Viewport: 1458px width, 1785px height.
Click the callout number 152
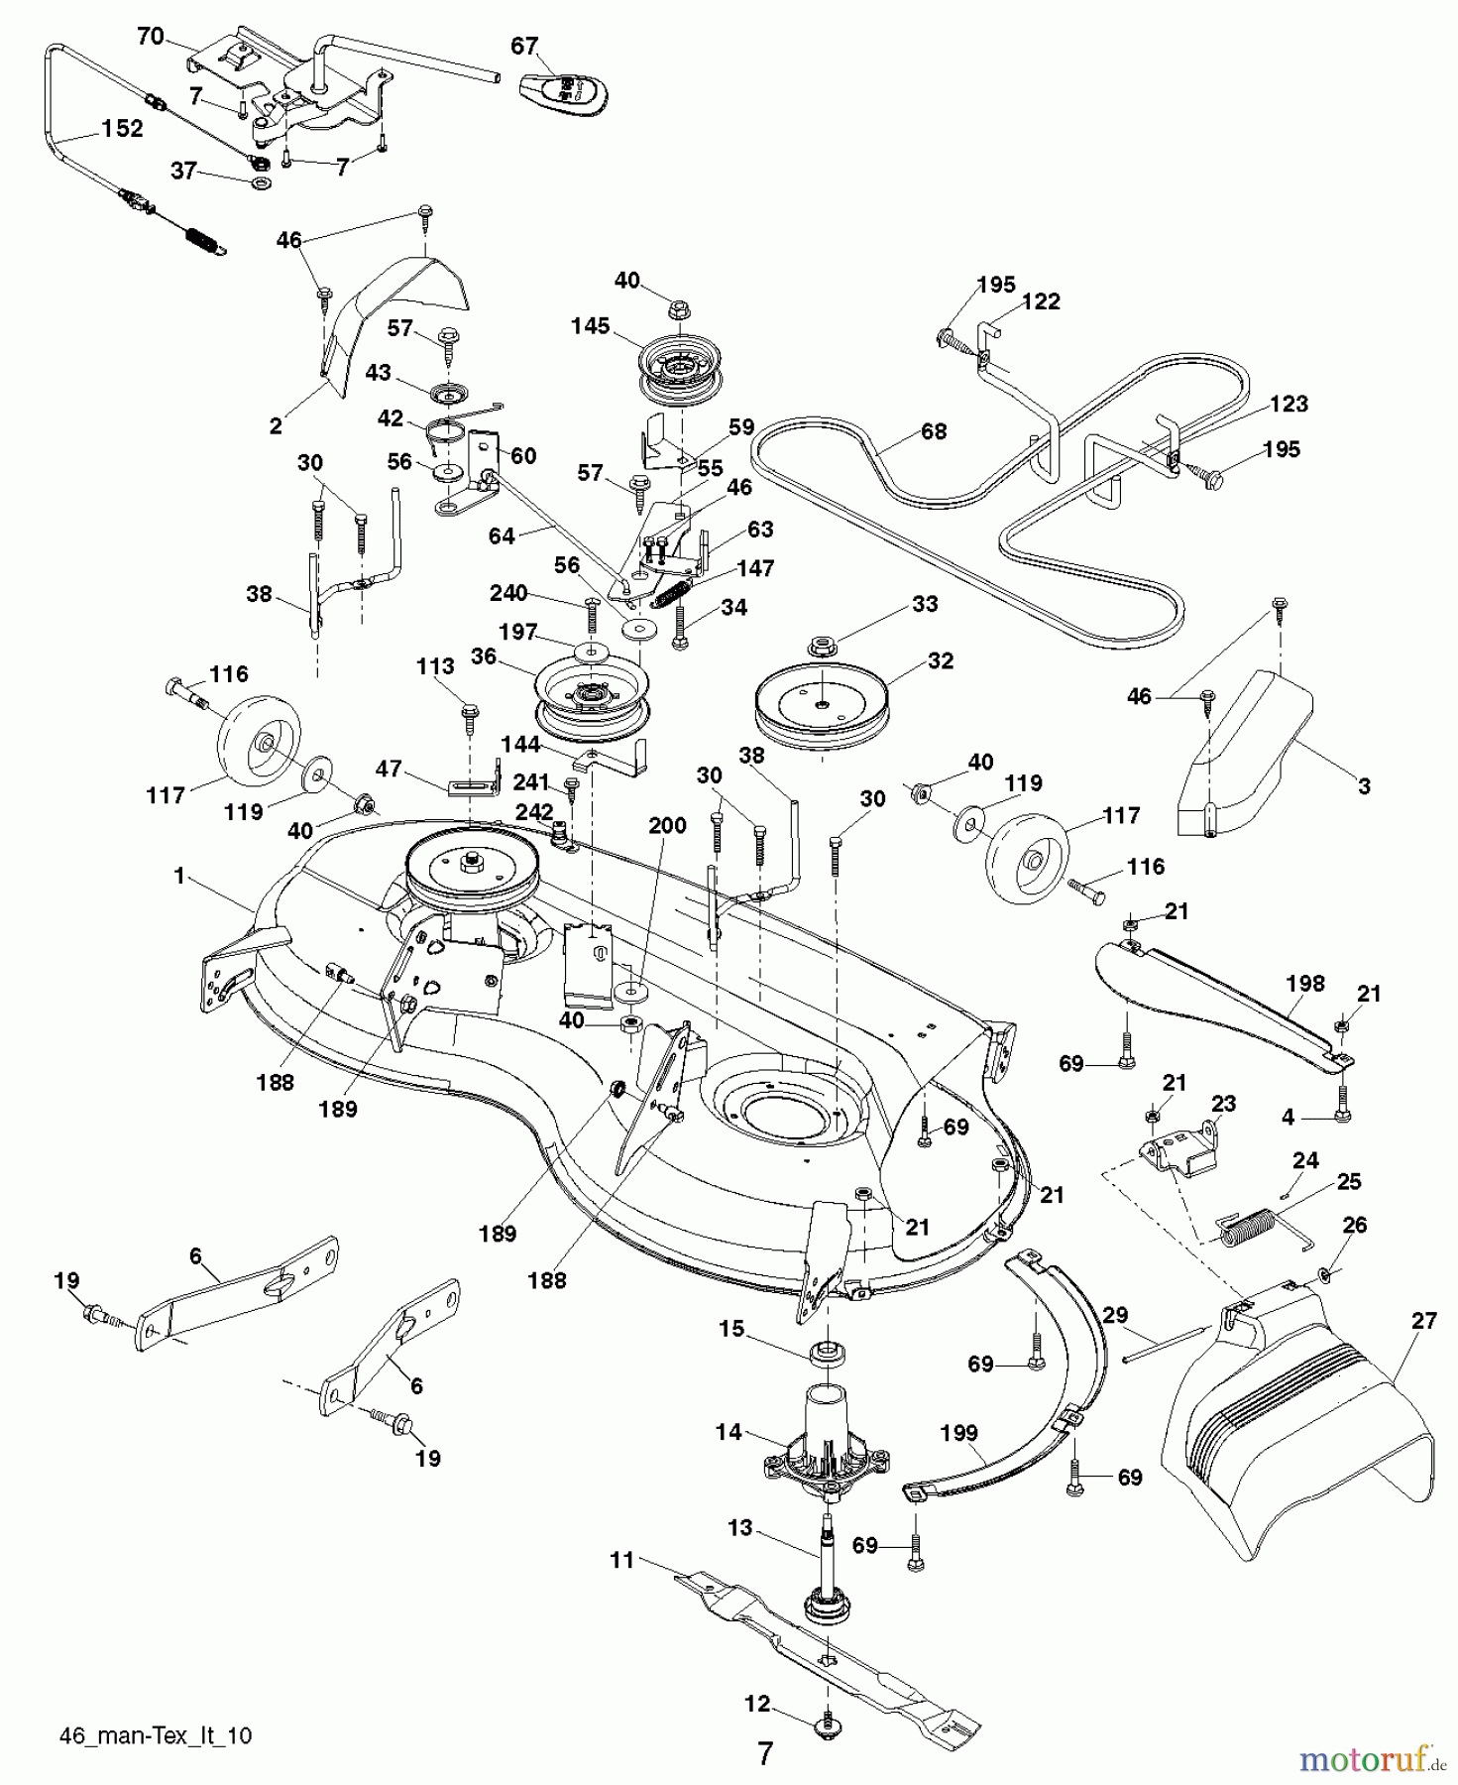pyautogui.click(x=122, y=129)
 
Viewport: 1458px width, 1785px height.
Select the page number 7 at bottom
pyautogui.click(x=763, y=1752)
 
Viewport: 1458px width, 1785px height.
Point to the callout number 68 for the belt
pyautogui.click(x=933, y=431)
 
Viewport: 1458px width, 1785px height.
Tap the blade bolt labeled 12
pyautogui.click(x=825, y=1726)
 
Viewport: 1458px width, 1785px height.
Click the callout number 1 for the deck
pyautogui.click(x=179, y=876)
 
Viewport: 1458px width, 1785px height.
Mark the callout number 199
pyautogui.click(x=958, y=1432)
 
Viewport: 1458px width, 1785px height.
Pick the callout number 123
pyautogui.click(x=1288, y=404)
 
